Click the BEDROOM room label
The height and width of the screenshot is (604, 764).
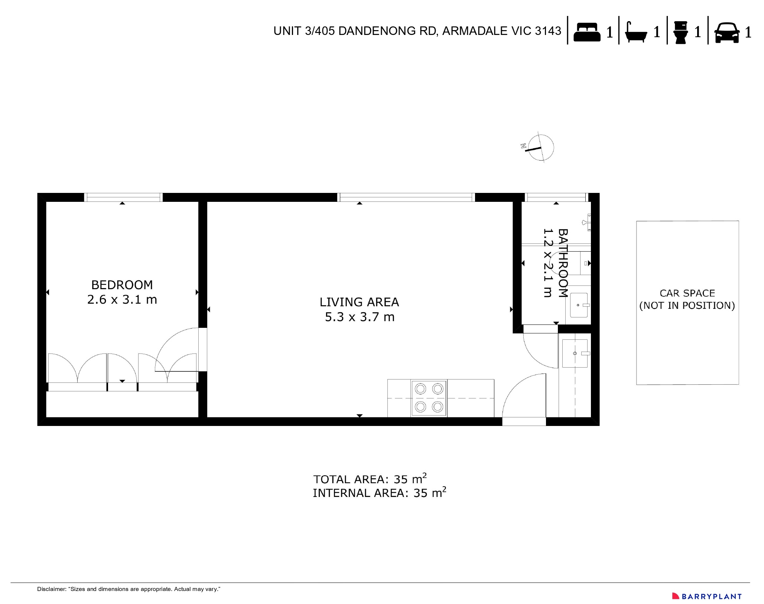coord(122,285)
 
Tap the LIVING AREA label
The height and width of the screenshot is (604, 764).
coord(359,302)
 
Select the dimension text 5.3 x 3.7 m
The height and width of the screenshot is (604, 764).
coord(359,317)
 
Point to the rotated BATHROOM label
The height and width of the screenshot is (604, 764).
coord(563,263)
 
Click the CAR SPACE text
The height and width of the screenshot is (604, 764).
coord(687,293)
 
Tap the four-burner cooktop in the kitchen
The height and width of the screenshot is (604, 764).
coord(429,398)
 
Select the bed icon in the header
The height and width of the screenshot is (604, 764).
coord(587,32)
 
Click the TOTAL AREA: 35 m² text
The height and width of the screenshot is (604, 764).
coord(370,479)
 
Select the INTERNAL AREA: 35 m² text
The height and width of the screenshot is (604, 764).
coord(379,492)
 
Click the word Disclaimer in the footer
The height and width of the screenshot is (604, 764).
coord(51,589)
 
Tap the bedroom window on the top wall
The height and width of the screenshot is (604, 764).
coord(123,197)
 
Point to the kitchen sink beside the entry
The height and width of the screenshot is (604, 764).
coord(575,353)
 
